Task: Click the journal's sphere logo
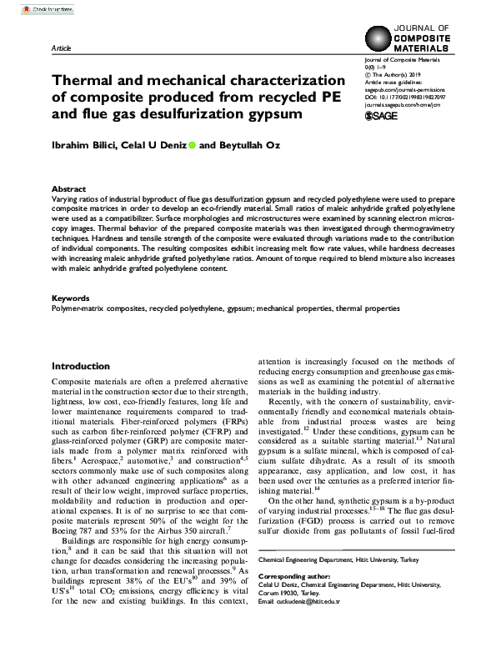(380, 39)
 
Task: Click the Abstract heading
(68, 189)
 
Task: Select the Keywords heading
(71, 298)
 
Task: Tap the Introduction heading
(80, 367)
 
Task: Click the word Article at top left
(62, 49)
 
